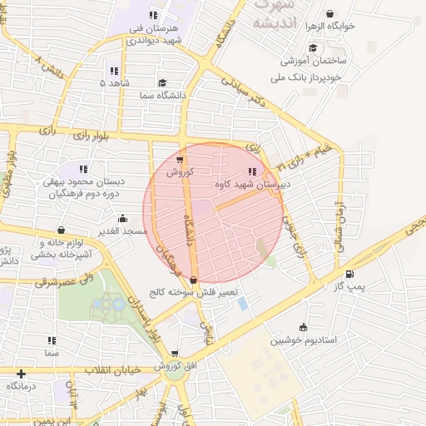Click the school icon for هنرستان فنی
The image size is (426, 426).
coord(152,15)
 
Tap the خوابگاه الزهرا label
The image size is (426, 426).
coord(330,26)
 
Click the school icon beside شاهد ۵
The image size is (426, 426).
coord(113,72)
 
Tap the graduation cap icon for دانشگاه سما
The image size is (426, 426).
coord(161,83)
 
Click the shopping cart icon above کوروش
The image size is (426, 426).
coord(181,160)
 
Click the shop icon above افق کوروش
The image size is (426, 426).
coord(174,354)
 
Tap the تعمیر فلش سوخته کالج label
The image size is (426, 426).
coord(205,293)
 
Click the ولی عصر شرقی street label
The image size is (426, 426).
coord(67,278)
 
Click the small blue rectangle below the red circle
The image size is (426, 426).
coord(243,304)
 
